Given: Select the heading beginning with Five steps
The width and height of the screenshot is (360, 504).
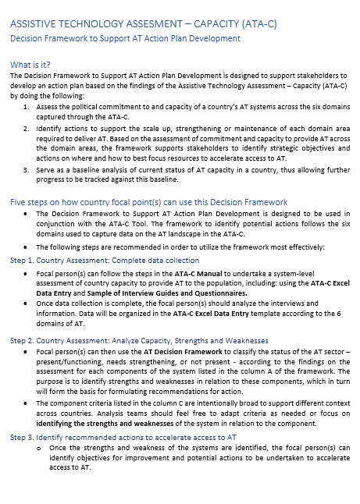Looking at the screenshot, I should pyautogui.click(x=148, y=201).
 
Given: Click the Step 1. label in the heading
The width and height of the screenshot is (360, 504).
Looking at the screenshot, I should pyautogui.click(x=22, y=260).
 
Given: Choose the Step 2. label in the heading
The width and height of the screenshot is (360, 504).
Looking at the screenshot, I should pyautogui.click(x=22, y=340).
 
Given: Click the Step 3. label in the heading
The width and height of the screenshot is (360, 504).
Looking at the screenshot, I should pyautogui.click(x=22, y=437).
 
